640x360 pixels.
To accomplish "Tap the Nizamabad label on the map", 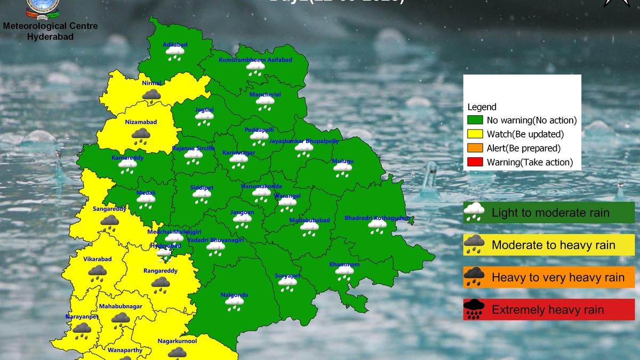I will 141,122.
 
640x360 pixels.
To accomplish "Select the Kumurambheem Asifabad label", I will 255,60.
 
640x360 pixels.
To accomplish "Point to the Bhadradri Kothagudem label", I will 378,218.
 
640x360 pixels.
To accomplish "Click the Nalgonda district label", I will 234,295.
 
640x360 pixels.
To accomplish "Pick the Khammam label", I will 345,265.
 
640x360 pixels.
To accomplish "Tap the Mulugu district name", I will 342,161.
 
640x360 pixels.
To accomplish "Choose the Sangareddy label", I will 109,209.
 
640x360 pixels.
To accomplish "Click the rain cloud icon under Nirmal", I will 152,96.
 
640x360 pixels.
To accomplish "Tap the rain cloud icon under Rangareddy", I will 161,284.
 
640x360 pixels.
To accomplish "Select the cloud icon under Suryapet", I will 287,284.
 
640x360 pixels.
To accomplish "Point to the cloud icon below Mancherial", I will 265,103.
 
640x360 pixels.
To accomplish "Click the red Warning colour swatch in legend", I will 475,162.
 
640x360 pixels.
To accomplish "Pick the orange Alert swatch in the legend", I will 475,148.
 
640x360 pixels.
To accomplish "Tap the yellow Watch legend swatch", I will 475,134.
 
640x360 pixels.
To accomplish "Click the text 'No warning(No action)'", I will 532,121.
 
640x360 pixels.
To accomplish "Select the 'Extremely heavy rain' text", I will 548,310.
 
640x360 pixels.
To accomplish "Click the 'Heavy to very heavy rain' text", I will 558,277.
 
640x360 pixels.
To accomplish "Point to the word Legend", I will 482,107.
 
